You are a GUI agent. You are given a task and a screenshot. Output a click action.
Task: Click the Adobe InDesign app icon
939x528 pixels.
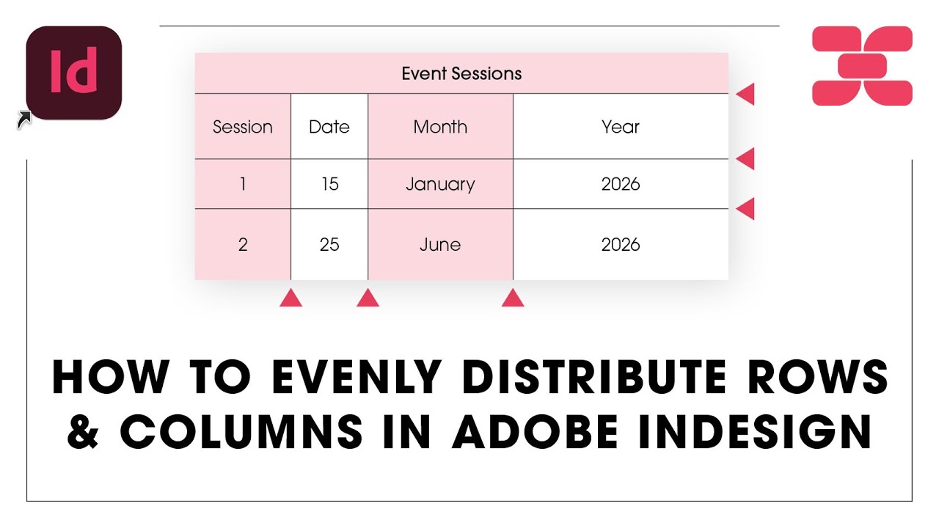(x=73, y=73)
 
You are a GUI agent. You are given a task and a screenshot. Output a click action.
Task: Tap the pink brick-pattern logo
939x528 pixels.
(x=862, y=66)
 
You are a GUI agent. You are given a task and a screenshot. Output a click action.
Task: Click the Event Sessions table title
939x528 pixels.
(x=461, y=73)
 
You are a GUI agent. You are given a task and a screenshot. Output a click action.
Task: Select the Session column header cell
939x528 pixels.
(x=243, y=127)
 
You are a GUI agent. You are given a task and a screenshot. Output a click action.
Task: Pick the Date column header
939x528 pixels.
(x=329, y=127)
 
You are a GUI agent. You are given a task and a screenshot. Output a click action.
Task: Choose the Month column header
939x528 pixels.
(x=440, y=127)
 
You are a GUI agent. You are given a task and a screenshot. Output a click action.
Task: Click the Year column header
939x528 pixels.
(x=621, y=127)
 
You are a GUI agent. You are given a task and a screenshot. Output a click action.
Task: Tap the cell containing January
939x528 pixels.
(x=440, y=184)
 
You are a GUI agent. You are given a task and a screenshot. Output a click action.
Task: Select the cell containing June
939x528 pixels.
(x=440, y=244)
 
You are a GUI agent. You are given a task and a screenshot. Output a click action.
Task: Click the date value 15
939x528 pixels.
(x=329, y=184)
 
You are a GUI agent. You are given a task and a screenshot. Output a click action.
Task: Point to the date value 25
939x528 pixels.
(x=329, y=244)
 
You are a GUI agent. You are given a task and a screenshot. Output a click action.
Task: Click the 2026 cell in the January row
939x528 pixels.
(x=621, y=184)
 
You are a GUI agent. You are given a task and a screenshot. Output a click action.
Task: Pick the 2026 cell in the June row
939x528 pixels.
(x=621, y=244)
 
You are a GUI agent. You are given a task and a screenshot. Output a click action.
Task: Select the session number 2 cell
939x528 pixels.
(x=243, y=244)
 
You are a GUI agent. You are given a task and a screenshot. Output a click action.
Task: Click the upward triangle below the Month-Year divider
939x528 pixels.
(x=513, y=298)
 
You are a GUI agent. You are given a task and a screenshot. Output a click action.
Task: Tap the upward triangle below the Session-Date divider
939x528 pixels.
(x=291, y=298)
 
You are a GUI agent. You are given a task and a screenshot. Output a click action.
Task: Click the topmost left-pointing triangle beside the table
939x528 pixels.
(x=746, y=95)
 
